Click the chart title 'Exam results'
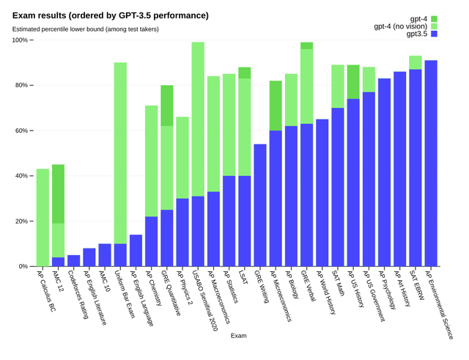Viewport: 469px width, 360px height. pyautogui.click(x=110, y=15)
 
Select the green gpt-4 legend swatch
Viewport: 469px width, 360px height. pyautogui.click(x=434, y=18)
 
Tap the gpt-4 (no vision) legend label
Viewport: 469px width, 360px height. pyautogui.click(x=400, y=26)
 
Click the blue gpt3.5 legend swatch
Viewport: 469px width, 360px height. pyautogui.click(x=434, y=34)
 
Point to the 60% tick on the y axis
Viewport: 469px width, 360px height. pyautogui.click(x=30, y=131)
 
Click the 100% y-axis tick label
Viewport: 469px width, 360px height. pyautogui.click(x=20, y=40)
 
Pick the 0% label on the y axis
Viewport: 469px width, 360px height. pyautogui.click(x=22, y=266)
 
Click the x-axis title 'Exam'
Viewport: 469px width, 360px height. pyautogui.click(x=237, y=335)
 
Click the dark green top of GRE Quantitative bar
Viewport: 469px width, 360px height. pyautogui.click(x=167, y=106)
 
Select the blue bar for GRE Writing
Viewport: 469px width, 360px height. pyautogui.click(x=259, y=205)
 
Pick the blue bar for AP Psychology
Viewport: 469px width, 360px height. pyautogui.click(x=384, y=172)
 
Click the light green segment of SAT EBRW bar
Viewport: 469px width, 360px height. pyautogui.click(x=416, y=62)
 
